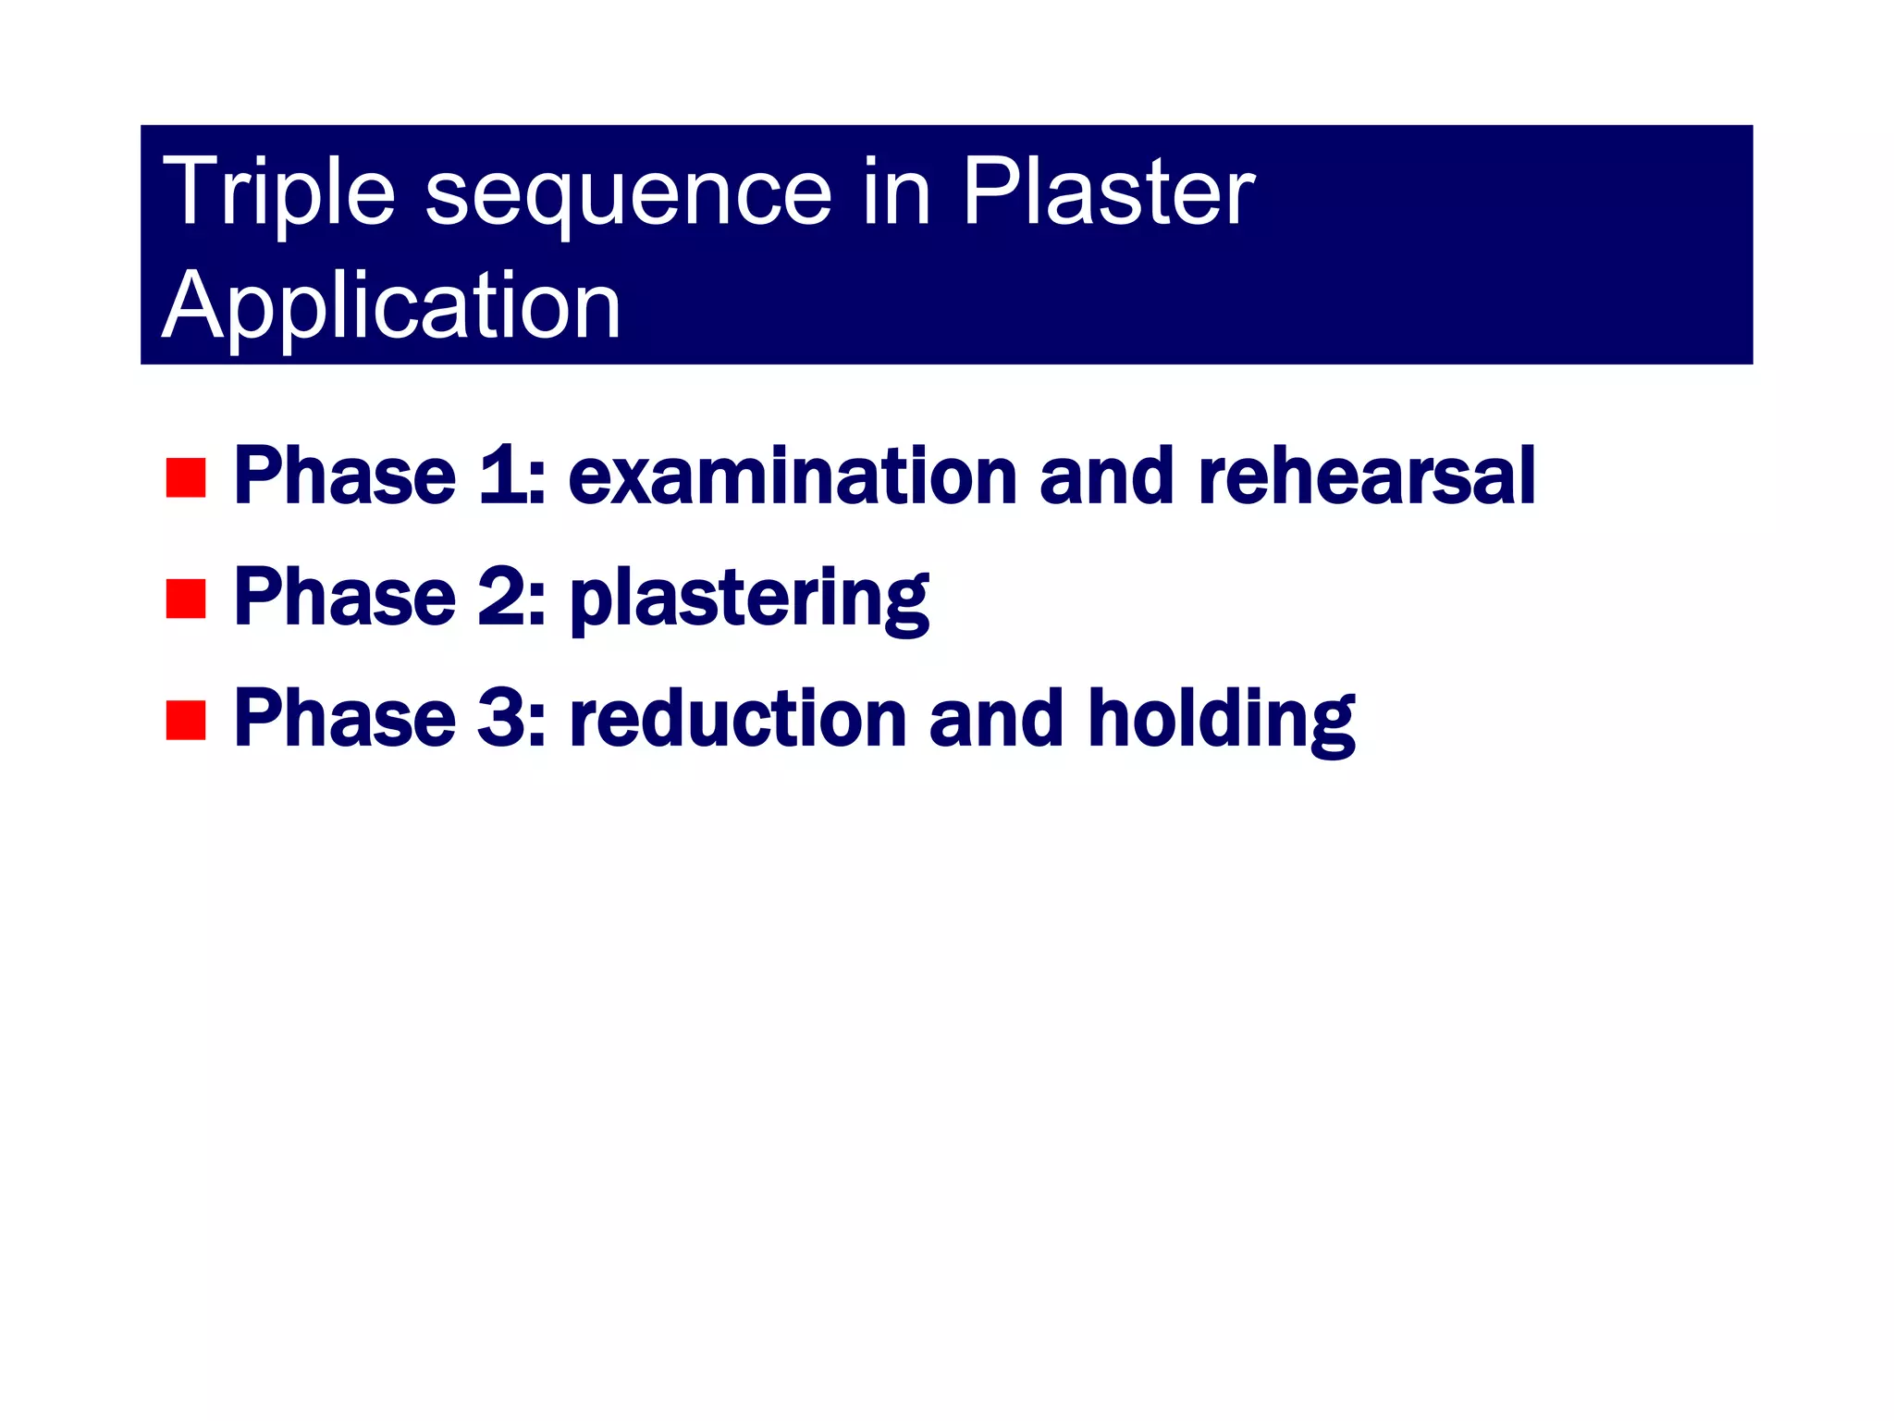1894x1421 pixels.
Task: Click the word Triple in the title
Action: (277, 193)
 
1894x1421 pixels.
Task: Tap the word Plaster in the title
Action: (1108, 192)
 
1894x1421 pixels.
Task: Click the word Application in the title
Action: (391, 307)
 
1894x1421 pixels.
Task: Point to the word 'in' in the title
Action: (895, 192)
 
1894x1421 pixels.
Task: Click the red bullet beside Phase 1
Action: (185, 477)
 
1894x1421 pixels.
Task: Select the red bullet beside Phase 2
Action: (185, 599)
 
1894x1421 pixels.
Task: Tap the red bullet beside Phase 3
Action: (185, 720)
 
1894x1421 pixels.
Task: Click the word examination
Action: (793, 476)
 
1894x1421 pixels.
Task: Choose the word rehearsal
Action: (1366, 476)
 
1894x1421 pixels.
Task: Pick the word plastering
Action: (748, 599)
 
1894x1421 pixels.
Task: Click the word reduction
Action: (737, 719)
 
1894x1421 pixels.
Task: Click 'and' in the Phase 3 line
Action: (996, 719)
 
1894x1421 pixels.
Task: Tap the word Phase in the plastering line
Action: (345, 598)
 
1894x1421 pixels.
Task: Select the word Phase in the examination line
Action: (345, 476)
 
